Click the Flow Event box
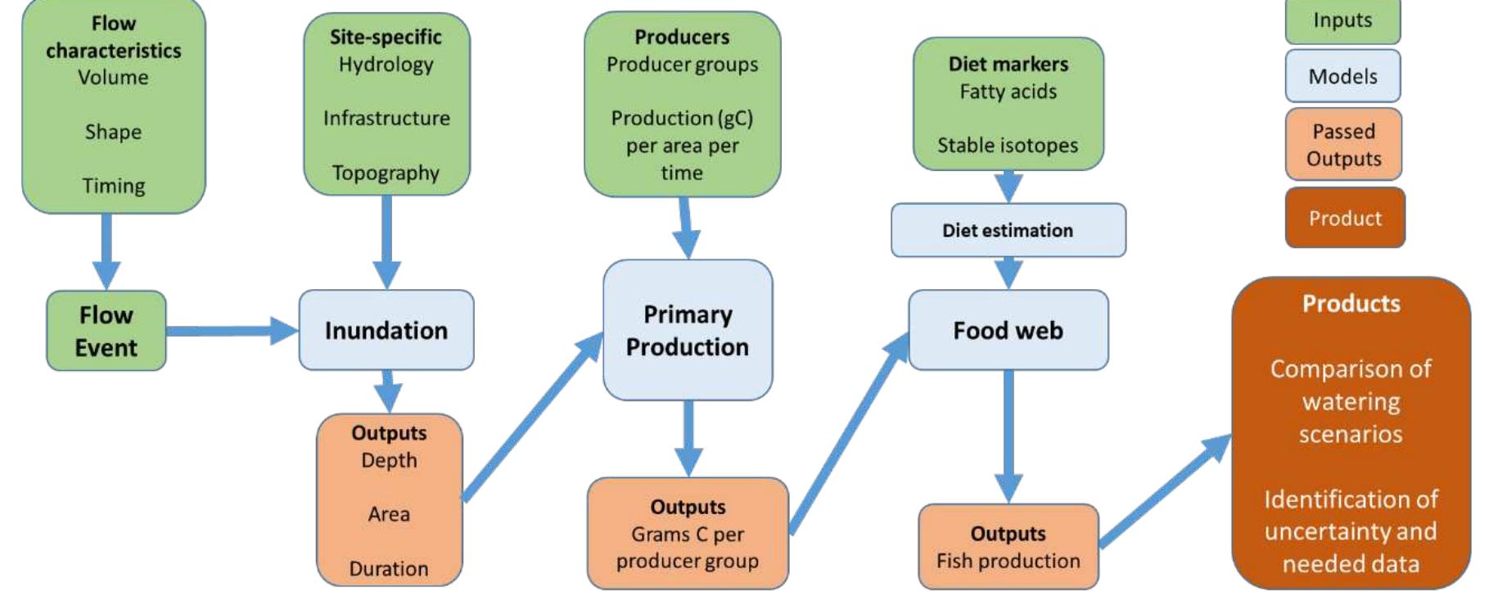click(106, 331)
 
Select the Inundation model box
click(386, 330)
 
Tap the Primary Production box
click(688, 330)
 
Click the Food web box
click(1008, 330)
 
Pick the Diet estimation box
click(1008, 230)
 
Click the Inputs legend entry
click(1342, 20)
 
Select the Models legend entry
click(1342, 76)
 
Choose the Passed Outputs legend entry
click(1343, 144)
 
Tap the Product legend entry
click(1344, 218)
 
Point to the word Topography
click(386, 173)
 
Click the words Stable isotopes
click(1008, 145)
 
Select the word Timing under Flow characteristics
click(114, 186)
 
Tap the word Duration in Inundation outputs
click(389, 568)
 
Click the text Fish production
click(1008, 561)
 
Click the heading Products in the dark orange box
click(1351, 304)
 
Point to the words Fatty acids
click(1008, 91)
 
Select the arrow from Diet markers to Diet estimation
click(1008, 187)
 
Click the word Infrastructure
click(386, 118)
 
